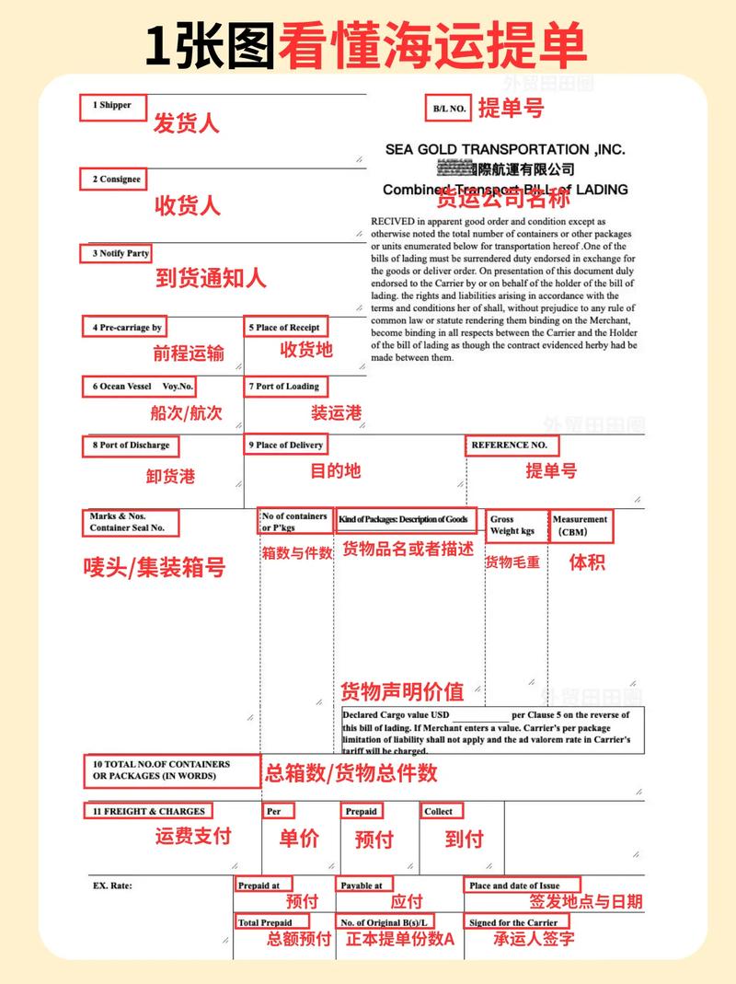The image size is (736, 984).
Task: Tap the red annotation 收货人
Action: pos(187,205)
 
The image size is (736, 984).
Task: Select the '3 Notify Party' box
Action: pos(120,253)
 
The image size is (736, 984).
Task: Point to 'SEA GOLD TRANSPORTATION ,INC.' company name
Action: pos(505,149)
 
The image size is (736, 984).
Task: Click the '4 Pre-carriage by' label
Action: pos(127,328)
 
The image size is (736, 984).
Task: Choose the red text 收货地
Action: pos(306,350)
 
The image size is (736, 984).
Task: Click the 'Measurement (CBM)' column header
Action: pos(580,526)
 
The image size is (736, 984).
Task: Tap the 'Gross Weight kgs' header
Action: pos(513,526)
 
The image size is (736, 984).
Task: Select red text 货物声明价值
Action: pos(402,691)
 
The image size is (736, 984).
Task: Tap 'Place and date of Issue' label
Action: pos(521,886)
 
